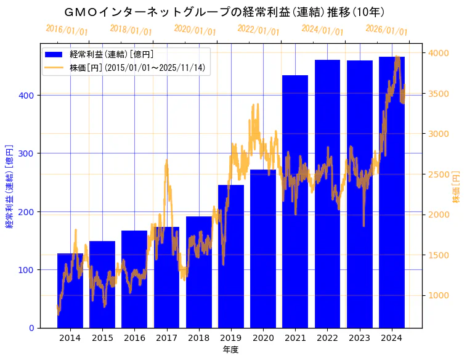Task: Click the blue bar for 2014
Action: [x=70, y=290]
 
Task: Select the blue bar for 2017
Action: [x=166, y=277]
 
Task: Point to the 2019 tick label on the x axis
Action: [x=231, y=338]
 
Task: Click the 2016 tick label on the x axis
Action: [x=134, y=338]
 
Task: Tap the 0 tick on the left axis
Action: [x=32, y=328]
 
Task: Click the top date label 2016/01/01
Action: [x=67, y=30]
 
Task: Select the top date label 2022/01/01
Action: [x=259, y=30]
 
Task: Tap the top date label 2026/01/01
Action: [x=387, y=30]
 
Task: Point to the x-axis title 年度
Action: [x=230, y=350]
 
